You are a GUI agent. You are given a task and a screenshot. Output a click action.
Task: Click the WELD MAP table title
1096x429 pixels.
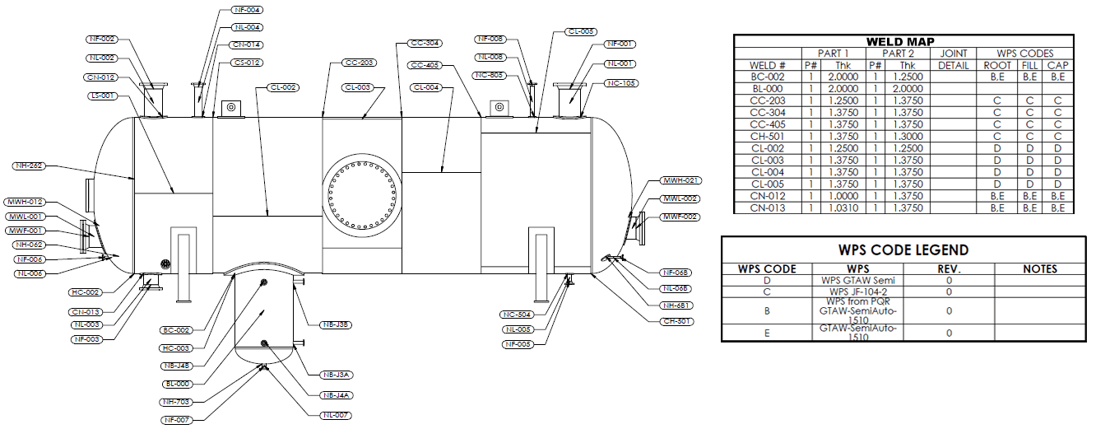click(x=903, y=41)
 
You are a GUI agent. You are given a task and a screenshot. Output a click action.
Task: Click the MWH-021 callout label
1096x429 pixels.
click(x=680, y=180)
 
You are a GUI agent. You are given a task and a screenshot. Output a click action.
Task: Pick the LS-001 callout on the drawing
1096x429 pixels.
click(x=103, y=96)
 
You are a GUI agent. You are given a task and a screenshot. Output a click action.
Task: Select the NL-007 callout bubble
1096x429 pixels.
click(x=337, y=416)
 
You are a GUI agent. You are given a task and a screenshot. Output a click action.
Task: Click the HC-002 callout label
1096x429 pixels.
click(x=86, y=292)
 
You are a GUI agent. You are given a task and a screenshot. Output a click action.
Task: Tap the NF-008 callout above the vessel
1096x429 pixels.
click(x=491, y=39)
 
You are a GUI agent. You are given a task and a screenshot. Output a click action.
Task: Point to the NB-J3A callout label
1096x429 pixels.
click(x=337, y=375)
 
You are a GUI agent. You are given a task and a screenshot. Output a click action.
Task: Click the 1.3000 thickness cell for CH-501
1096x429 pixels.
click(x=907, y=137)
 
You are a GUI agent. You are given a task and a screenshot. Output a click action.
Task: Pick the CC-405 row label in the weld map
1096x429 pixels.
click(x=768, y=124)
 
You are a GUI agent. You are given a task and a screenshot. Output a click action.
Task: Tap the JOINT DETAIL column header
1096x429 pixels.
click(x=953, y=59)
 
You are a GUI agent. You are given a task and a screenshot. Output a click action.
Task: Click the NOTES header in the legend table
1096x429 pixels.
click(x=1039, y=268)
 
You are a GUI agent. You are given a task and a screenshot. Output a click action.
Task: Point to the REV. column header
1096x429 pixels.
click(x=949, y=268)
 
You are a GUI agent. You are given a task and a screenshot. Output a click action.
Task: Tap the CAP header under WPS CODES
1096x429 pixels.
click(x=1058, y=65)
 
